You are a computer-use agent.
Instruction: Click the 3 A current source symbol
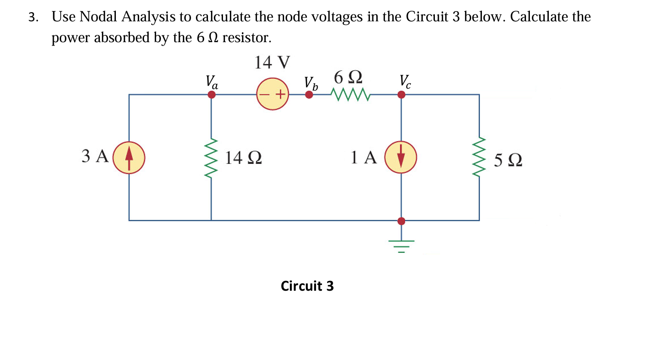point(128,157)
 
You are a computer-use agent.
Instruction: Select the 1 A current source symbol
point(400,157)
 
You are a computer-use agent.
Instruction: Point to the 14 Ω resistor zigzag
point(211,157)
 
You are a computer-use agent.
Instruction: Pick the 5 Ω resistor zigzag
point(479,157)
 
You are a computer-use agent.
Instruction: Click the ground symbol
point(400,245)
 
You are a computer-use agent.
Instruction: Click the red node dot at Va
point(211,94)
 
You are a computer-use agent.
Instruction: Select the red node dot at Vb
point(309,94)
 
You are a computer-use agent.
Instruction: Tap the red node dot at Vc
point(401,94)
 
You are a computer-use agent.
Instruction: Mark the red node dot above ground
point(401,221)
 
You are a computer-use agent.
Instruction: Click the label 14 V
point(272,63)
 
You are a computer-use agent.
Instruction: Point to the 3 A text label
point(95,156)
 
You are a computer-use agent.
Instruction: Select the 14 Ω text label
point(244,158)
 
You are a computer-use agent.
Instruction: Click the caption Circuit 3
point(307,286)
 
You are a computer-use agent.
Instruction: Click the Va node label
point(212,81)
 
